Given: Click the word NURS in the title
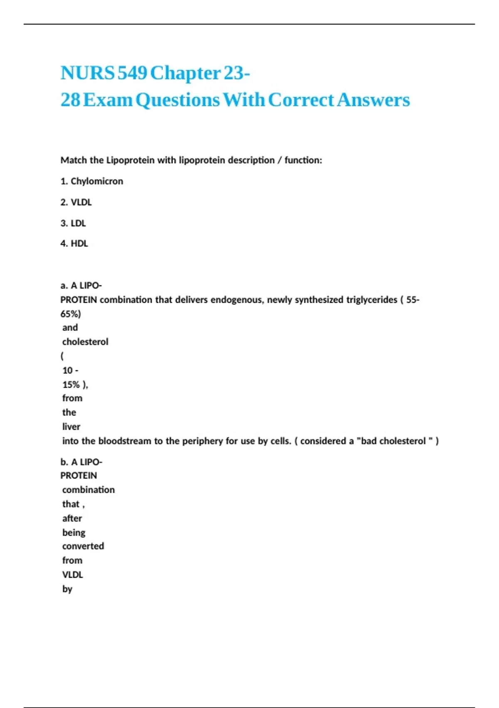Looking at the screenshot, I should tap(87, 73).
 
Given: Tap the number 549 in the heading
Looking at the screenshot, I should tap(132, 73).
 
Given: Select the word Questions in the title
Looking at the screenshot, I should tap(178, 100).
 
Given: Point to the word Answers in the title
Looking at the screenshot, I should tap(373, 100).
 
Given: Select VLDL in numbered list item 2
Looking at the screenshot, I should tap(81, 202).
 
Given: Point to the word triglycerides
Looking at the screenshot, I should tap(371, 300).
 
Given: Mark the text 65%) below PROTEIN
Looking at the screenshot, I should tap(71, 314).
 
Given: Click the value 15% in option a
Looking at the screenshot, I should tap(71, 384).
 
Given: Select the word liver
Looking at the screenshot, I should tap(71, 427).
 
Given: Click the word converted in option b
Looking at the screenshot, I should tap(83, 546).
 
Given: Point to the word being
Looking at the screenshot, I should tap(74, 533).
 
